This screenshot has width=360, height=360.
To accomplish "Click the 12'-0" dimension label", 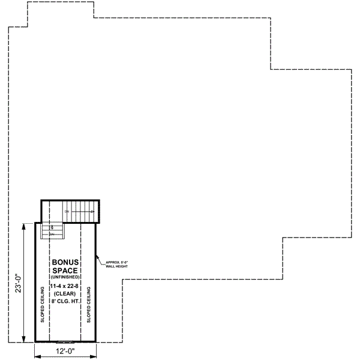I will [x=66, y=353].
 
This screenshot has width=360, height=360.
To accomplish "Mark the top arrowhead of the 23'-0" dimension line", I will [x=24, y=225].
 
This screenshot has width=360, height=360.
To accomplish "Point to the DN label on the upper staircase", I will [x=67, y=212].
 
